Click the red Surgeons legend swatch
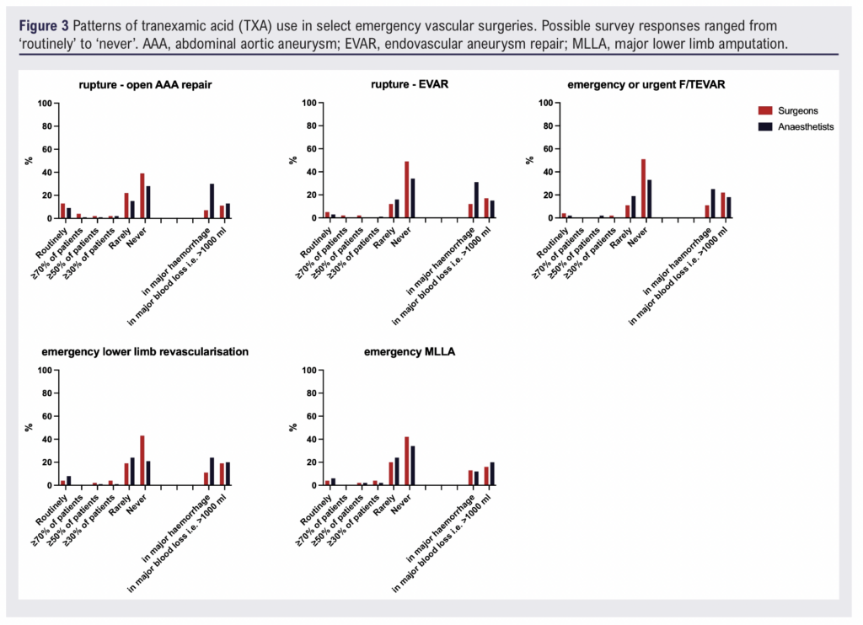[x=764, y=110]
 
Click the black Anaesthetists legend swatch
[x=764, y=126]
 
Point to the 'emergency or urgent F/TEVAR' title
[x=646, y=85]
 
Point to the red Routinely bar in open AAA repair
[x=62, y=211]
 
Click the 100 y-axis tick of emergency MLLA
[x=309, y=371]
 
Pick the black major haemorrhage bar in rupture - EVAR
[x=475, y=200]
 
